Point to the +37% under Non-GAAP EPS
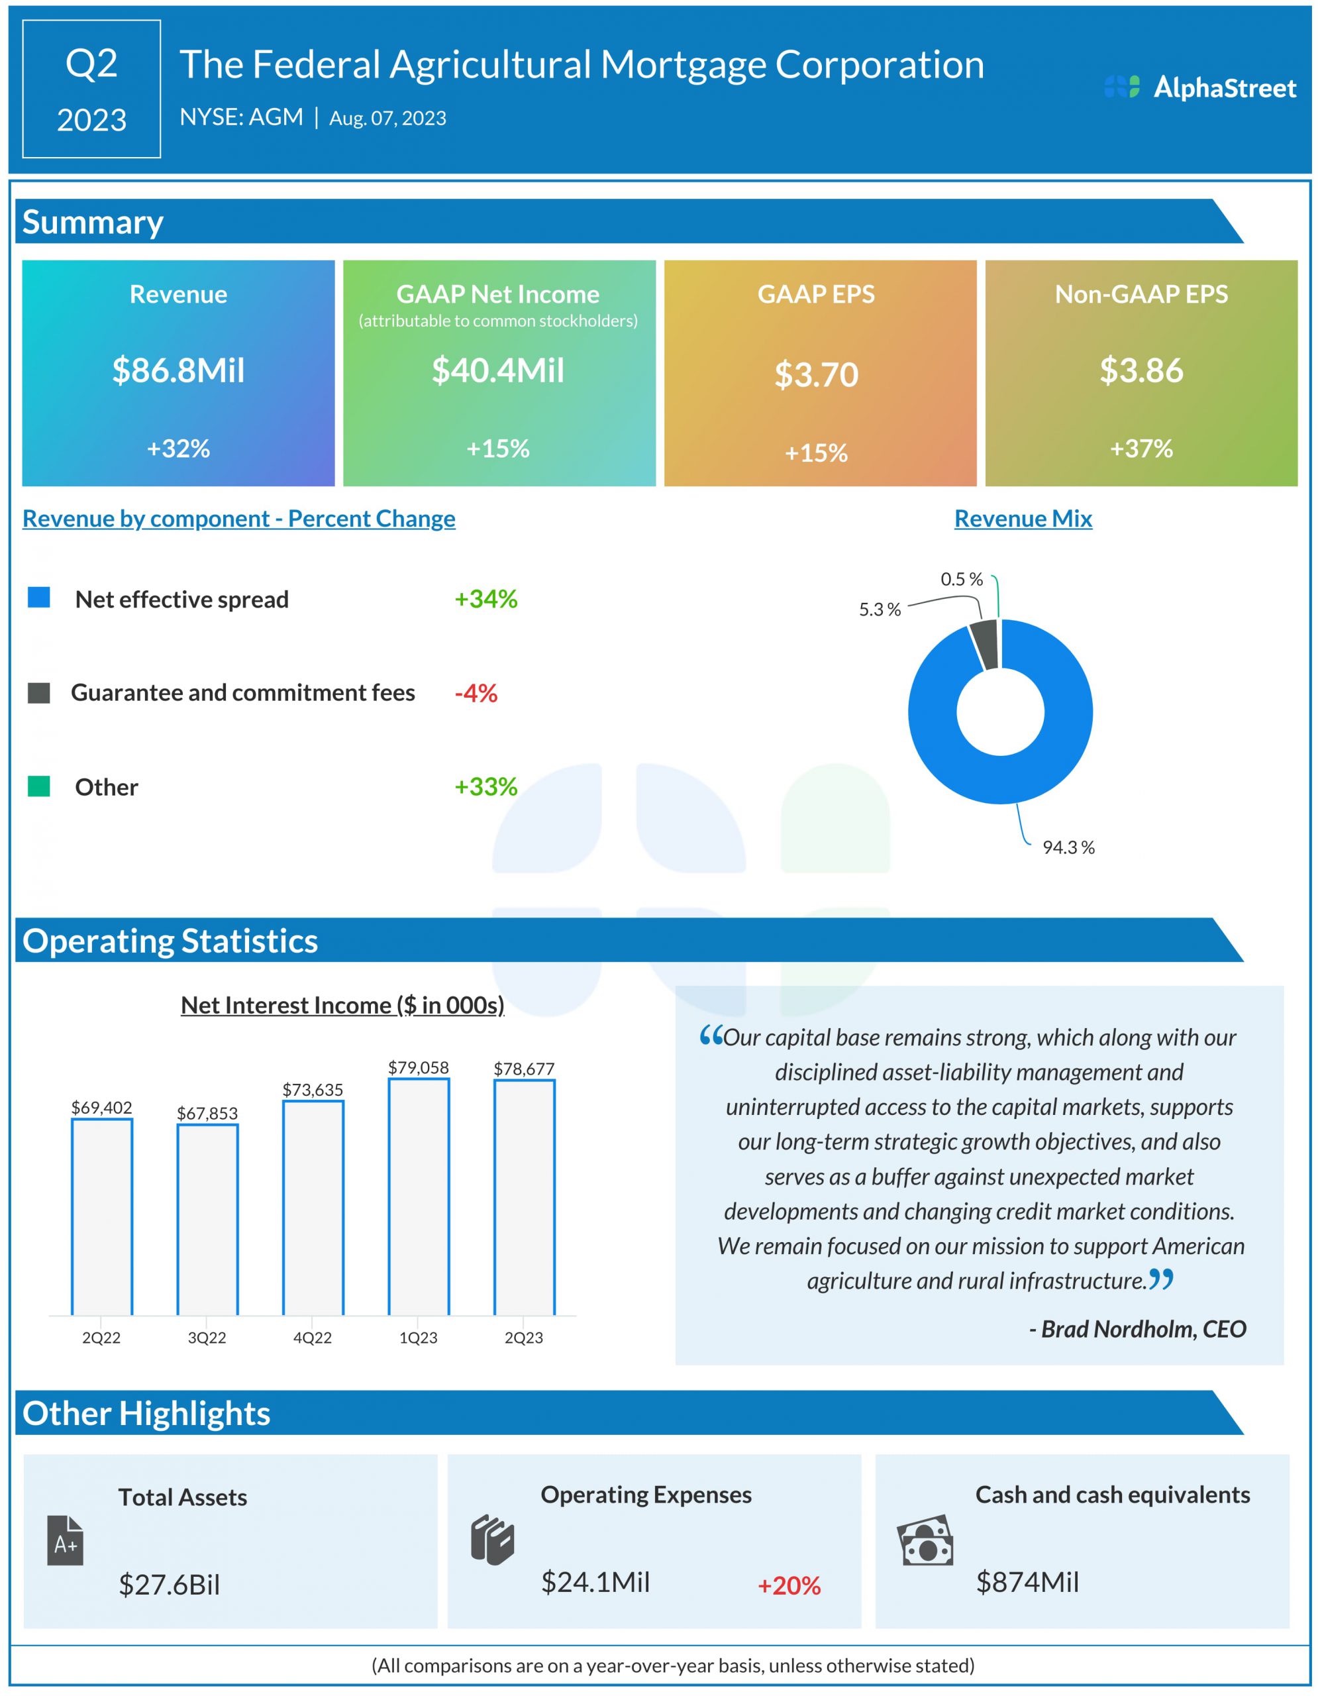click(1141, 449)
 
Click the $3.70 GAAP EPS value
click(816, 375)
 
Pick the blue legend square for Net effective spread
click(39, 597)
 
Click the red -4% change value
click(476, 693)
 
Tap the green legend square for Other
click(39, 786)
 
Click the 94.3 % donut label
click(1068, 847)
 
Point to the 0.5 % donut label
click(961, 579)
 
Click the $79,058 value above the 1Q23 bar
click(418, 1068)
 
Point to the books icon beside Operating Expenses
click(492, 1539)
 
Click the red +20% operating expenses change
click(789, 1586)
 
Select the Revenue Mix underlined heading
click(1023, 519)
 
